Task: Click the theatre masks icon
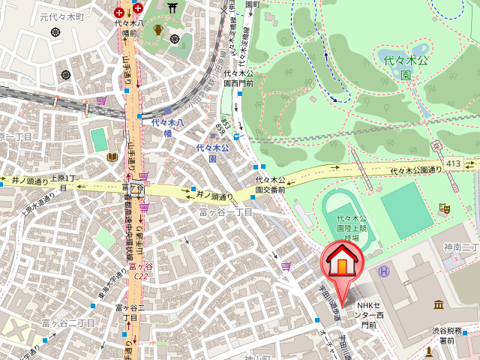click(x=443, y=206)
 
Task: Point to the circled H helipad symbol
click(x=384, y=271)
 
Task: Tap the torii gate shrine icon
click(x=174, y=8)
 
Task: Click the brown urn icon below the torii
click(x=158, y=30)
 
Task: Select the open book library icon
click(x=112, y=156)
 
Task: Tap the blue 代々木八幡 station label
click(x=163, y=127)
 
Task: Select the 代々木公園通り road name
click(x=415, y=171)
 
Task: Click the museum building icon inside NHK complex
click(x=437, y=304)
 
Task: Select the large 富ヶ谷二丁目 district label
click(x=67, y=323)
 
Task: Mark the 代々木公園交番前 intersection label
click(x=270, y=185)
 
